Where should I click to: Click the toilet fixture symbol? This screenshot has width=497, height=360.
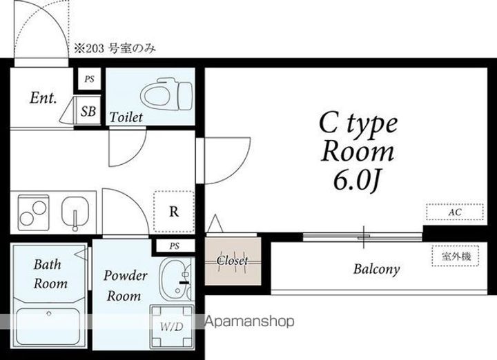coord(166,97)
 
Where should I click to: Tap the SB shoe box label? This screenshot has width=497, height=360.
coord(88,111)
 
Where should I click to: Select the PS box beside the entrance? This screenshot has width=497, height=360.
coord(89,79)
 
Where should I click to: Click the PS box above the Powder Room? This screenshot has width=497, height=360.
coord(174,246)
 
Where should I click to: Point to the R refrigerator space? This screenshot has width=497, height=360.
coord(174,212)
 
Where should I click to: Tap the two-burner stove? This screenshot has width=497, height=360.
coord(33,212)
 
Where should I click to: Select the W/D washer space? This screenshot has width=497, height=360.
coord(172,326)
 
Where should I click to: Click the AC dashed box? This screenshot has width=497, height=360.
coord(455,212)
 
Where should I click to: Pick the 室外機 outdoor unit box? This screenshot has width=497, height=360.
coord(456,256)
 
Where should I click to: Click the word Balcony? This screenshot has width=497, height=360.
coord(377,270)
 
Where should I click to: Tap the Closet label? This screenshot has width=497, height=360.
coord(233,261)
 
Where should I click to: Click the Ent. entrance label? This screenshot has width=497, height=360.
coord(43,97)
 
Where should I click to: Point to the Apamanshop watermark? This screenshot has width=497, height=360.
coord(250,321)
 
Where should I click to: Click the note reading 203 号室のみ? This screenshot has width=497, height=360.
coord(115,49)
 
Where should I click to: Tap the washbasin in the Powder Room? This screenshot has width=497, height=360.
coord(176,279)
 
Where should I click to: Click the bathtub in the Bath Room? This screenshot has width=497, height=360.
coord(48,326)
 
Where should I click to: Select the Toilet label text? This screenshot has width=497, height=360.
coord(126,117)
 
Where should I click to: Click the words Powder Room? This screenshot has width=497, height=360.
coord(125,286)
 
